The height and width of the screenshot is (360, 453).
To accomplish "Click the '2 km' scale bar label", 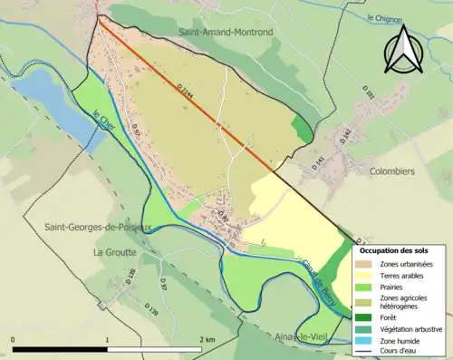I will [x=209, y=339].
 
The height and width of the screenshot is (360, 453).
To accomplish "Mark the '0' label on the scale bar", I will [x=14, y=339].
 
